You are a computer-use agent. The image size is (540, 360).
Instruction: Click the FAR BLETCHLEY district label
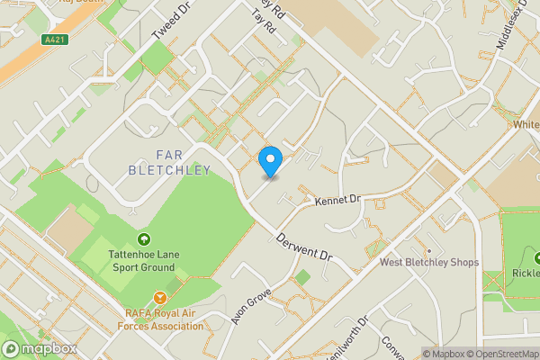tap(170, 163)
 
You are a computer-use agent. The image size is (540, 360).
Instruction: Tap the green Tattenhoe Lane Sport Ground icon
tap(144, 238)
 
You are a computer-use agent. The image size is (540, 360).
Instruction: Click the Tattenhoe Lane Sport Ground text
tap(144, 261)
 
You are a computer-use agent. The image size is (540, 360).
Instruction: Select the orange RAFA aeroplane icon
tap(160, 296)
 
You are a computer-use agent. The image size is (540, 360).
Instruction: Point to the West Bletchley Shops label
tap(428, 263)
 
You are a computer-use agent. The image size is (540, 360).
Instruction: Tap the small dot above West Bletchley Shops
tap(429, 250)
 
